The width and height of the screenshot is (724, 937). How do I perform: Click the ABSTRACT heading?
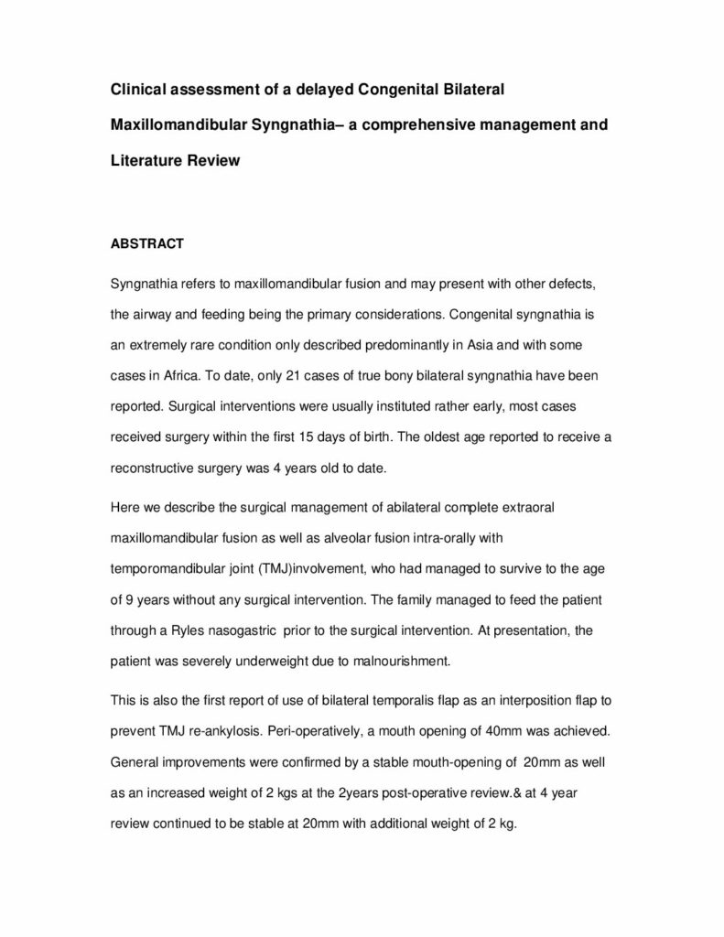(x=146, y=244)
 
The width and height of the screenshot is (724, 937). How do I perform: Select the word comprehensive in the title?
(x=438, y=125)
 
